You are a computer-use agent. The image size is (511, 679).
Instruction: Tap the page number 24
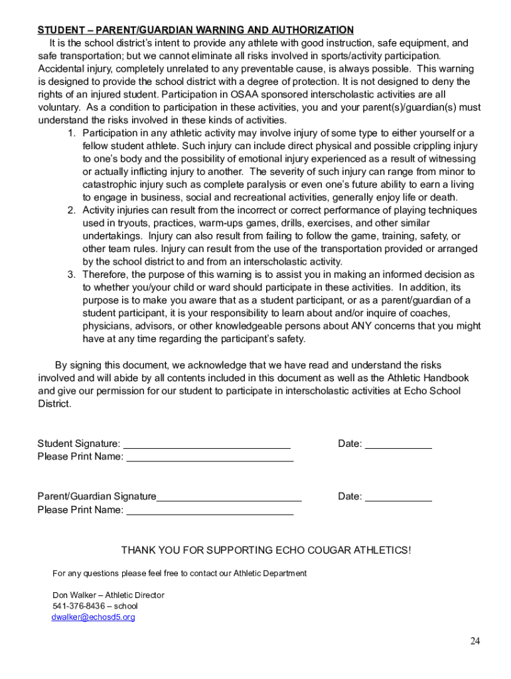[x=475, y=641]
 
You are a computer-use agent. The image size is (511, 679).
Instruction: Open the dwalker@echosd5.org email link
[x=93, y=617]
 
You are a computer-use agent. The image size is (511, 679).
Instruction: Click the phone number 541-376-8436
[x=78, y=605]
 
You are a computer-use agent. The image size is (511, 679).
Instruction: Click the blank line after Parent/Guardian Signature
[x=229, y=497]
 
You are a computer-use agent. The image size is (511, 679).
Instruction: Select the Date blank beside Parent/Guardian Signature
[x=398, y=497]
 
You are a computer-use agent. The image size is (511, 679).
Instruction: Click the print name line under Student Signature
[x=210, y=458]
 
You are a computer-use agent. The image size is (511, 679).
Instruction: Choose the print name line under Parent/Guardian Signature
[x=210, y=511]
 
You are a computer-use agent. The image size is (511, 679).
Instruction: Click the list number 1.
[x=71, y=133]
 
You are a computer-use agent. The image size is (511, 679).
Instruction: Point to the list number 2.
[x=71, y=210]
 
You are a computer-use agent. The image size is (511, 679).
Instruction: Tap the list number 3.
[x=71, y=275]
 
